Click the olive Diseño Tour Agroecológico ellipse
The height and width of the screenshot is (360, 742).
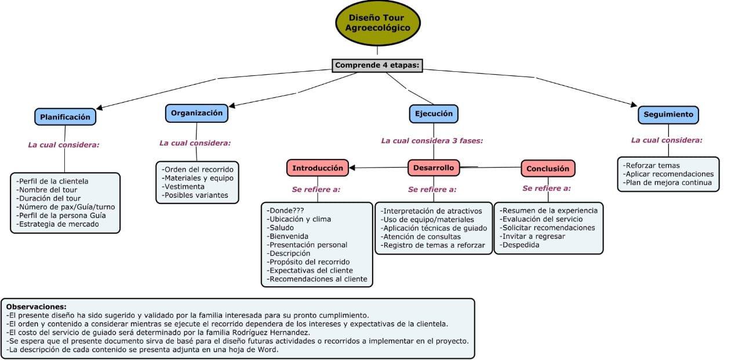coord(377,23)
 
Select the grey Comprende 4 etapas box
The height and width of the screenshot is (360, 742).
coord(377,66)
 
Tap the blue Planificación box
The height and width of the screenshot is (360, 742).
coord(66,117)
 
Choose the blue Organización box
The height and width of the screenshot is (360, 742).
coord(197,113)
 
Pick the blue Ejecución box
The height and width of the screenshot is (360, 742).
coord(434,114)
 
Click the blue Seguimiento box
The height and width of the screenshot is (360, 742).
coord(668,115)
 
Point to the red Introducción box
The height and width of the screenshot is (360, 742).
coord(318,168)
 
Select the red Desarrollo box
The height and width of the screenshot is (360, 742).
coord(434,168)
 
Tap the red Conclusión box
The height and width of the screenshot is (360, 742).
coord(548,169)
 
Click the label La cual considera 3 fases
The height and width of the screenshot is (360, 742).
coord(432,141)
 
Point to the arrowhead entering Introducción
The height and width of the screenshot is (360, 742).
coord(352,168)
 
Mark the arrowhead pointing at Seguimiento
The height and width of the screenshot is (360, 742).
coord(634,105)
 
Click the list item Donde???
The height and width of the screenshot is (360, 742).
coord(286,210)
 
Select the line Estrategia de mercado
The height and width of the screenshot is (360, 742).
coord(57,224)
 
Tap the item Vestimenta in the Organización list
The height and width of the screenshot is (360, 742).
coord(183,187)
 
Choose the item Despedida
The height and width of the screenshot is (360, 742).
coord(520,245)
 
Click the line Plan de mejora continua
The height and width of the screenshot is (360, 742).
coord(667,183)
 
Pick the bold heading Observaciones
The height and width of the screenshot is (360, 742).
coord(37,307)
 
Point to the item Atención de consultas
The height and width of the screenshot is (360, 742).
coord(421,237)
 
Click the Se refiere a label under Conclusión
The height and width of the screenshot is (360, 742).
coord(547,188)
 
